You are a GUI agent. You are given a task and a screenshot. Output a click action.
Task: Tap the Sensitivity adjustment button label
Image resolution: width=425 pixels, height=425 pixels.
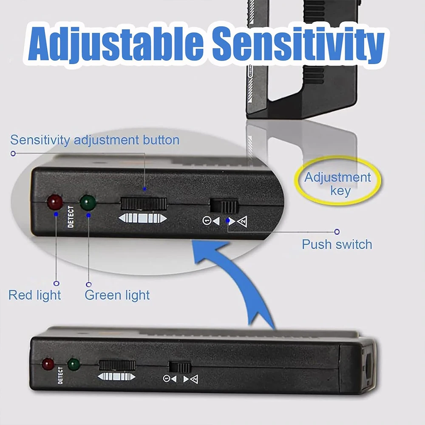click(95, 140)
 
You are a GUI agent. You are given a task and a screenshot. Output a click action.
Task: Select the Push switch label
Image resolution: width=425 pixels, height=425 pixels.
click(337, 244)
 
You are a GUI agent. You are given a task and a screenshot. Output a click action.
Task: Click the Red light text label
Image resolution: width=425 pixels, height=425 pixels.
click(35, 295)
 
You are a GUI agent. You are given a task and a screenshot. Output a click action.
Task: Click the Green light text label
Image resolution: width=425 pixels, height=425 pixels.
click(117, 295)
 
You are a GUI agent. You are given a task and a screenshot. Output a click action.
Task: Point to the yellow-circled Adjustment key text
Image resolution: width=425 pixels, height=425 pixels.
click(338, 184)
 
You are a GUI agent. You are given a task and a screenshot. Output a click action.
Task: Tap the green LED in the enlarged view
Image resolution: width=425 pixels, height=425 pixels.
click(88, 201)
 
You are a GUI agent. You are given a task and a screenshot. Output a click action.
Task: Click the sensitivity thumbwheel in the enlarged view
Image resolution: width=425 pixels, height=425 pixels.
click(143, 204)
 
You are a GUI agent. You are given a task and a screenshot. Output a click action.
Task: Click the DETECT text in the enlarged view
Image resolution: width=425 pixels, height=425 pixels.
click(71, 217)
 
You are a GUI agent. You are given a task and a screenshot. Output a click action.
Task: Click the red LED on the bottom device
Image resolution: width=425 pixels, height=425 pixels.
click(48, 364)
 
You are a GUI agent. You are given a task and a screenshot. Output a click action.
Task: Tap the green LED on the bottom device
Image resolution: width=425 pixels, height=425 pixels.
click(74, 364)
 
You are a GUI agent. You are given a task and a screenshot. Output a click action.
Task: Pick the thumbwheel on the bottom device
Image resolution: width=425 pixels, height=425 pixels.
click(117, 365)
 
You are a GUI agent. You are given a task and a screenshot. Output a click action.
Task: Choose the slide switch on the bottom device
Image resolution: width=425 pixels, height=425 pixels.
click(180, 367)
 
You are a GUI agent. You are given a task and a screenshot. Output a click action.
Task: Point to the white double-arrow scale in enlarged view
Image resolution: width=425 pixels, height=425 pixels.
click(143, 219)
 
